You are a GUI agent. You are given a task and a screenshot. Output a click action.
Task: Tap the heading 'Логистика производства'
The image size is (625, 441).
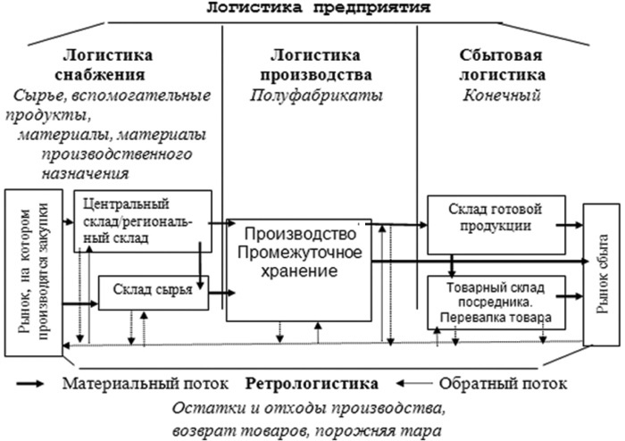(318, 64)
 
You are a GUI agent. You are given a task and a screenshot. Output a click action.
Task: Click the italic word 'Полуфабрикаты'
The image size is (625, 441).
(318, 94)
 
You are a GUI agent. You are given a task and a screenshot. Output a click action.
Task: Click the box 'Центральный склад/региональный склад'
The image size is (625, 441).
(142, 220)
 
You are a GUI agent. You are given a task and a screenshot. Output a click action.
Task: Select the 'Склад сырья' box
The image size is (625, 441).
(153, 291)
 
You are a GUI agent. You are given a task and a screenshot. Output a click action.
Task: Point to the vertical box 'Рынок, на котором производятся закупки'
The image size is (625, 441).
(32, 272)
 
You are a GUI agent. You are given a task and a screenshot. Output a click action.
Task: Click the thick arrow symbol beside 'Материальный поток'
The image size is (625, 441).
(34, 385)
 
